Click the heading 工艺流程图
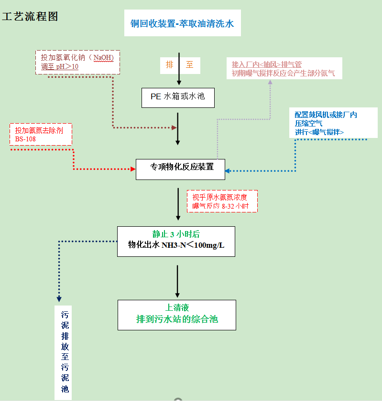(30, 17)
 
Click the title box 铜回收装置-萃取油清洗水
(182, 23)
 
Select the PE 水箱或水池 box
(178, 97)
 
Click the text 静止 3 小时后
(176, 234)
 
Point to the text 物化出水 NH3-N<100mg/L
(176, 245)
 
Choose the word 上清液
(176, 308)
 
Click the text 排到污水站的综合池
(177, 319)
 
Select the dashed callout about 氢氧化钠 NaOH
(77, 62)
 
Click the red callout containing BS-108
(41, 134)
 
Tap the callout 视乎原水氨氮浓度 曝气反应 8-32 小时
(222, 201)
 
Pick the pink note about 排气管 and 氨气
(284, 68)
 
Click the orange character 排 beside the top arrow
(169, 64)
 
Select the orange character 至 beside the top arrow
(190, 64)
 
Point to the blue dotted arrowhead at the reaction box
(228, 170)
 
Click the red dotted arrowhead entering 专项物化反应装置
(133, 169)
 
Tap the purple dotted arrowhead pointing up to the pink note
(270, 82)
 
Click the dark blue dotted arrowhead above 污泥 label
(59, 299)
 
